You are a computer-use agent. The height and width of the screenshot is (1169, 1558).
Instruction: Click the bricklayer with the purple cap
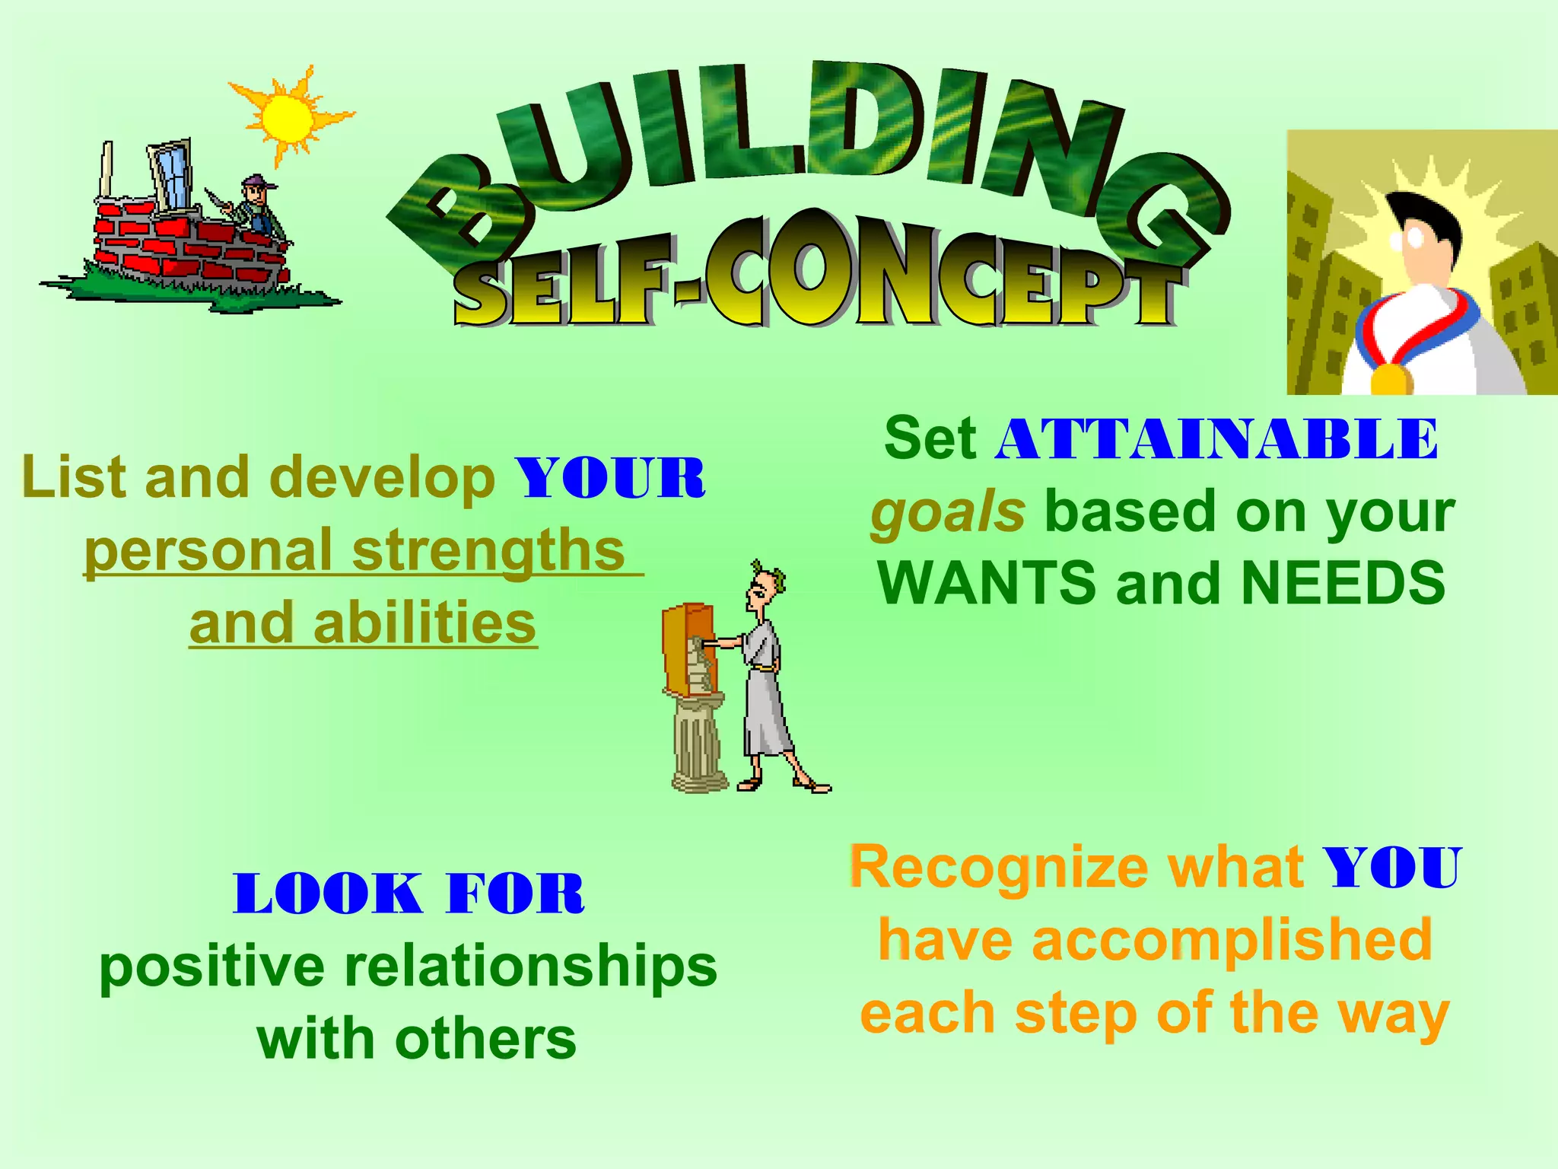256,207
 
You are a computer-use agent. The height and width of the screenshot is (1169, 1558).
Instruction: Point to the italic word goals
948,512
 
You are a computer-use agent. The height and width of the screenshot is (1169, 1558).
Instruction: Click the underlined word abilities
424,623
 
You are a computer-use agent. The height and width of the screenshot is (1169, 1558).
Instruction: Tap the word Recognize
998,868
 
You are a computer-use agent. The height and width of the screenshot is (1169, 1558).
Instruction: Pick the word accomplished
1232,941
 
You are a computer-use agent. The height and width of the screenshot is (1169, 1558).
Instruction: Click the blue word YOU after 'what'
1391,868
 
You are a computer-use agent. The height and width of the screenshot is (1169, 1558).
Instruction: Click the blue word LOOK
327,893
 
